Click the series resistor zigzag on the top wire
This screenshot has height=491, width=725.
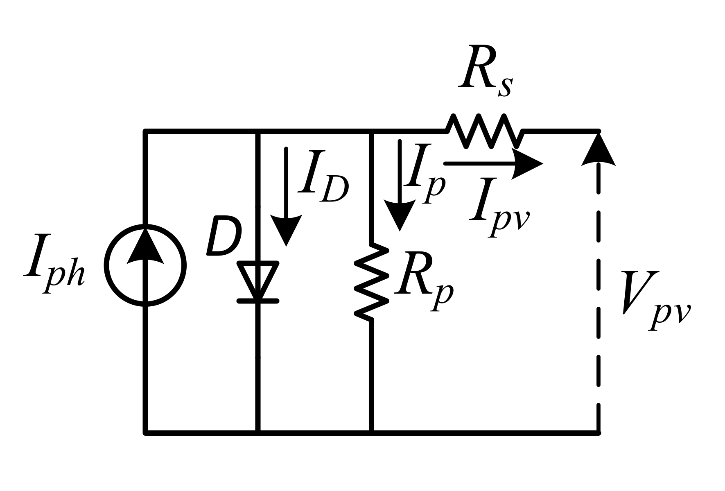tap(485, 131)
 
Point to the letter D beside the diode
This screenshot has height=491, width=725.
tap(224, 240)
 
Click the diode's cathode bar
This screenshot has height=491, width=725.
tap(258, 301)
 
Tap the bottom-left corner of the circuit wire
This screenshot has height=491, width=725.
tap(145, 432)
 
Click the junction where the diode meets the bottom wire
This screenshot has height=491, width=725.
tap(258, 432)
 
